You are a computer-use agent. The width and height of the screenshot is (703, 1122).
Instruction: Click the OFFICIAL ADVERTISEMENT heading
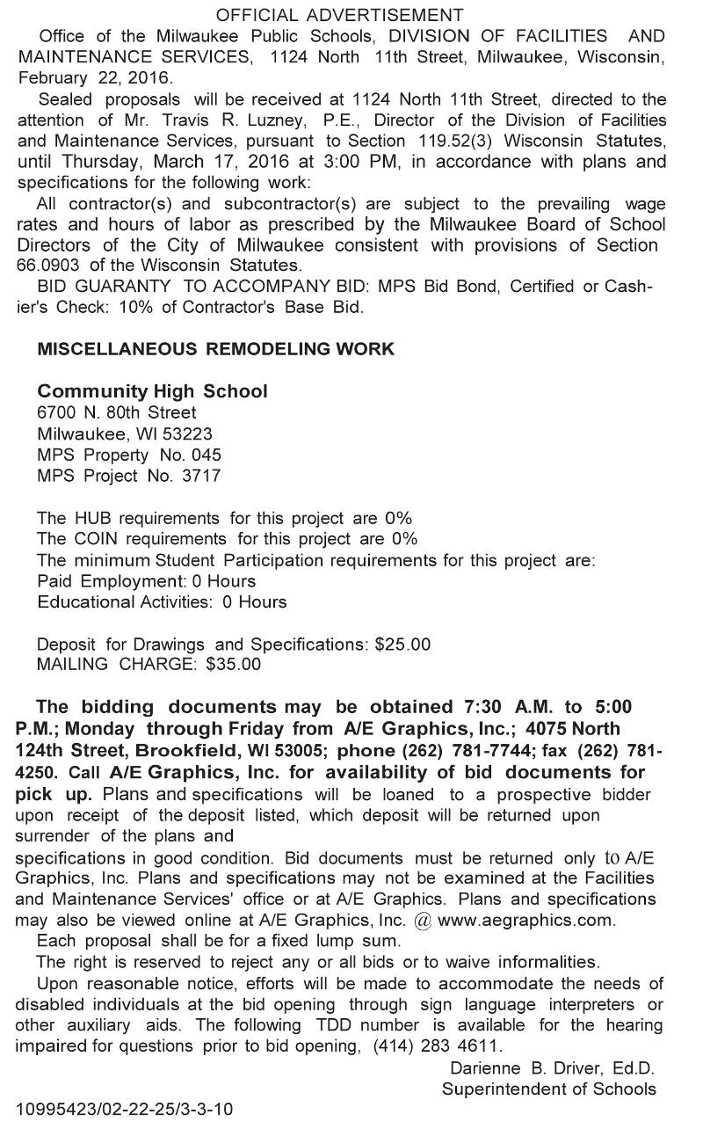point(339,15)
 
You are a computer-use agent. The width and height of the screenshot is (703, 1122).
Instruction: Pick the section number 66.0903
point(51,265)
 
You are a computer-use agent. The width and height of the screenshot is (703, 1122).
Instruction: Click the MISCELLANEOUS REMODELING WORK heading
point(216,349)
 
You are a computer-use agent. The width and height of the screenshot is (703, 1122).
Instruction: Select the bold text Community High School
point(153,391)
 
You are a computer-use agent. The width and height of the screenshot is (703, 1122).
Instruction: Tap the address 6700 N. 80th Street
point(117,412)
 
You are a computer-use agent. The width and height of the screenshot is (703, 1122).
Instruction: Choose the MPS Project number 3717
point(201,476)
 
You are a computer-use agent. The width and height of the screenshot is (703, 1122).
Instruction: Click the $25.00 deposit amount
point(402,644)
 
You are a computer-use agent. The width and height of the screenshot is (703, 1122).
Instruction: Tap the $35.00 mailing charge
point(233,665)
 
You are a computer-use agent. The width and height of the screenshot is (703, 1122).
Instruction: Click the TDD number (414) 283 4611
point(436,1046)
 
